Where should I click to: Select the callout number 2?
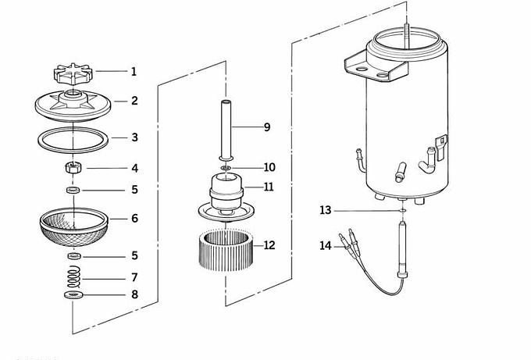(134, 101)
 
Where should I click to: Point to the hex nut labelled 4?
(72, 168)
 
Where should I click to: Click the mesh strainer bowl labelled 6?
(73, 226)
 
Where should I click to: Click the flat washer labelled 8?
(73, 295)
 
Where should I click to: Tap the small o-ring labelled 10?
(226, 168)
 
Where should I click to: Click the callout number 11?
(269, 187)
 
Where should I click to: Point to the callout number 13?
(326, 210)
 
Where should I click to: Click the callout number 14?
(326, 246)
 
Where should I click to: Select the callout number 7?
(134, 277)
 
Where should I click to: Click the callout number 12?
(269, 245)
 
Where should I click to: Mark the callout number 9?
(266, 127)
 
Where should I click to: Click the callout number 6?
(134, 219)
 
